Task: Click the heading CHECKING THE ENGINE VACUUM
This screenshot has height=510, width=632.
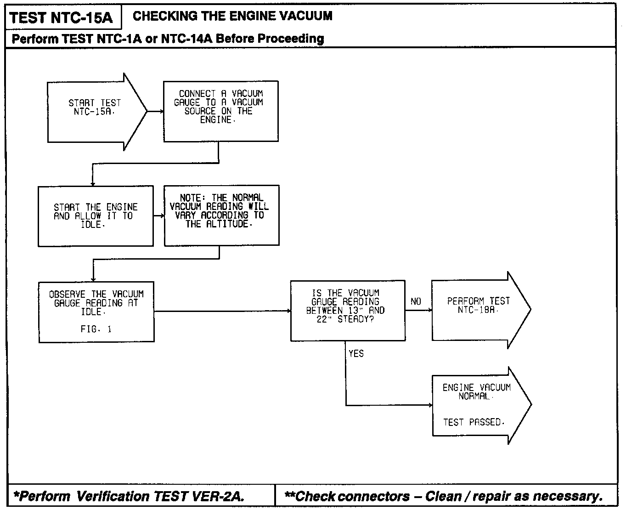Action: (232, 16)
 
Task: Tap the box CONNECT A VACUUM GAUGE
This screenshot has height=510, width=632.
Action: (220, 111)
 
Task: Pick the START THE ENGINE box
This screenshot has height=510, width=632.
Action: (96, 216)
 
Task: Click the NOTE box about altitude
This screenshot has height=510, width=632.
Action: (221, 215)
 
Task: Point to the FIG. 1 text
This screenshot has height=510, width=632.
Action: (96, 329)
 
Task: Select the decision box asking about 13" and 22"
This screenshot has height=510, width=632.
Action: (348, 310)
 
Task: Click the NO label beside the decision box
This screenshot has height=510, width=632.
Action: (416, 301)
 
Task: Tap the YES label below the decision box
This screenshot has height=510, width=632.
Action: (356, 353)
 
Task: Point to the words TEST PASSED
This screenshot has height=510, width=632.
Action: (474, 422)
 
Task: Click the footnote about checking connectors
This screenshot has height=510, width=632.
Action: (443, 496)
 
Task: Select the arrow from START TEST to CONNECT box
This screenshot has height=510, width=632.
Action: (155, 111)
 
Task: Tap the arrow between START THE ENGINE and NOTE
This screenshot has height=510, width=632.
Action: (158, 215)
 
